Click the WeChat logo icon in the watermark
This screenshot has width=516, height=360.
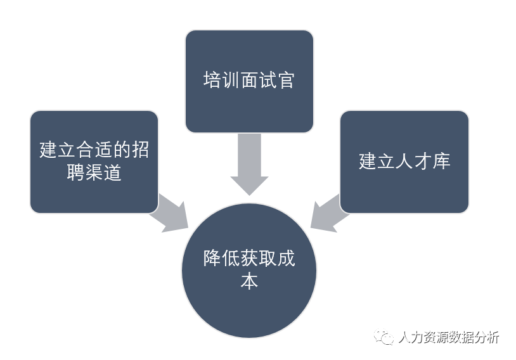point(384,337)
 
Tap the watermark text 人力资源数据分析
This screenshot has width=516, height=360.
point(449,337)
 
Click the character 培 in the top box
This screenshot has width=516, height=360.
point(211,80)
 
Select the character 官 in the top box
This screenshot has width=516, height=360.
point(287,80)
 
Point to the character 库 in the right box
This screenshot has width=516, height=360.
point(442,161)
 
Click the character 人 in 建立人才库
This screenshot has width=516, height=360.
point(404,161)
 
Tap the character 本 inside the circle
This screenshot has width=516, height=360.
point(249,281)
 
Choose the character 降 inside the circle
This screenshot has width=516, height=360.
point(211,259)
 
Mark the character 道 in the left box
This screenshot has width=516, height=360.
point(113,172)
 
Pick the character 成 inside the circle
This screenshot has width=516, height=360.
point(287,259)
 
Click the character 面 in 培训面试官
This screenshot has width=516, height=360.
point(249,80)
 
